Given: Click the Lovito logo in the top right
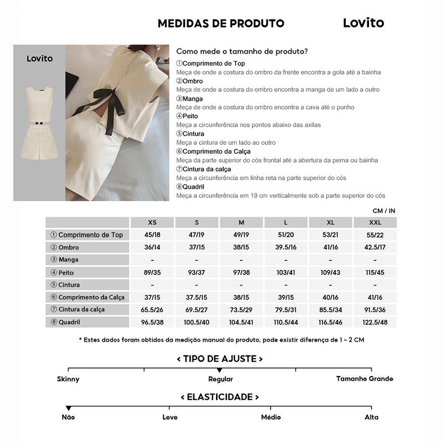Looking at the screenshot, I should [x=363, y=23].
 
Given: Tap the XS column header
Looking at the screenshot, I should [x=152, y=222].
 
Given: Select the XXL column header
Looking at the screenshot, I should [x=375, y=222].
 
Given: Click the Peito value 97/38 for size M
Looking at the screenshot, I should [x=241, y=272].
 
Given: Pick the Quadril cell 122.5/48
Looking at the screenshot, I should [x=375, y=322].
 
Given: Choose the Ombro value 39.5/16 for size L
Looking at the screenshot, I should [x=286, y=247].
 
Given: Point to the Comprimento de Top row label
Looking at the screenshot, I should [x=87, y=235].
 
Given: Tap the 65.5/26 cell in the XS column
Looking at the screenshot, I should [x=152, y=310].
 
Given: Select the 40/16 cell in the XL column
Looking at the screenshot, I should [x=330, y=297].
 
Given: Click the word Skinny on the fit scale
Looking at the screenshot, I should [x=68, y=379].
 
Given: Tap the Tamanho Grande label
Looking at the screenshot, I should [x=364, y=379].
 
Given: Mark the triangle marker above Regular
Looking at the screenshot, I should [x=219, y=370].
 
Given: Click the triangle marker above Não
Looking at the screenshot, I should [x=68, y=408].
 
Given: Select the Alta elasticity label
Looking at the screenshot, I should [x=371, y=417].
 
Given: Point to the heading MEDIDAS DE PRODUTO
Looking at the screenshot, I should [x=221, y=23].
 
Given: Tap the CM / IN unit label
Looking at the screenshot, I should [x=384, y=211].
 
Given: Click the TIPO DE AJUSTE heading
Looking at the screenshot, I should [x=220, y=358].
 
